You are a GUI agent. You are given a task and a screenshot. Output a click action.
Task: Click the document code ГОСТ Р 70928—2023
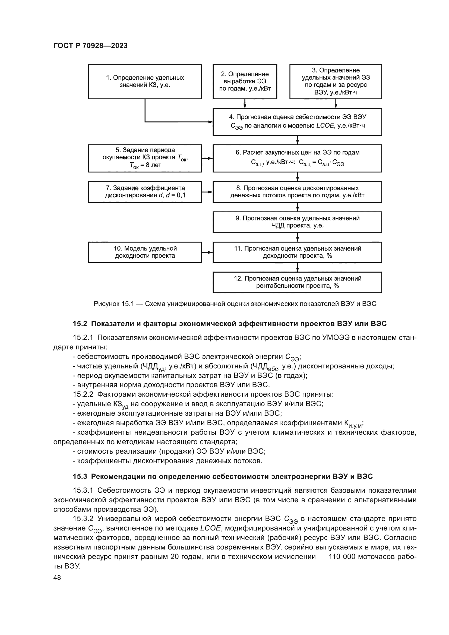pyautogui.click(x=90, y=46)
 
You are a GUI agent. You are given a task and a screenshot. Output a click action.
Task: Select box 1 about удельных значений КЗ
pyautogui.click(x=145, y=82)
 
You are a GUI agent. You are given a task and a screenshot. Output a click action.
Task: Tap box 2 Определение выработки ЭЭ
pyautogui.click(x=245, y=82)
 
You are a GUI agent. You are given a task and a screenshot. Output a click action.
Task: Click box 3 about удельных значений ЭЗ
pyautogui.click(x=336, y=82)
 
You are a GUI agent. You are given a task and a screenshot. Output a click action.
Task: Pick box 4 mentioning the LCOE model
pyautogui.click(x=297, y=122)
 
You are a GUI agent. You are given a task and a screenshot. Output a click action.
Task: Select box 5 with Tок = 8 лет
pyautogui.click(x=145, y=158)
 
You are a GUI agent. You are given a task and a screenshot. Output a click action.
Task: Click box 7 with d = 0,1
pyautogui.click(x=145, y=192)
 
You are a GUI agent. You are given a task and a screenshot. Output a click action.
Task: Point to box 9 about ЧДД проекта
pyautogui.click(x=297, y=222)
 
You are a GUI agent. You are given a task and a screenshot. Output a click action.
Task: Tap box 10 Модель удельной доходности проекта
pyautogui.click(x=145, y=252)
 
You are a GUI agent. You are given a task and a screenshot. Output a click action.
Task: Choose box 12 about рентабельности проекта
pyautogui.click(x=297, y=282)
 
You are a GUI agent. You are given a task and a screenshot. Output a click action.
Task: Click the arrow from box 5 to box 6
pyautogui.click(x=207, y=158)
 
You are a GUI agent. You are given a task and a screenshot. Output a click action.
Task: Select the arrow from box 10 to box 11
pyautogui.click(x=207, y=252)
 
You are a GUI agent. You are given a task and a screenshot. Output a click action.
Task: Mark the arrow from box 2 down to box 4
pyautogui.click(x=245, y=104)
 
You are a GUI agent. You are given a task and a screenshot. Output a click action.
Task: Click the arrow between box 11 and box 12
pyautogui.click(x=298, y=267)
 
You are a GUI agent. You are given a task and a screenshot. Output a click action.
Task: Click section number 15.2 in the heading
pyautogui.click(x=80, y=324)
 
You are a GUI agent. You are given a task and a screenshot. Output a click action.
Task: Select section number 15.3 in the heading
pyautogui.click(x=80, y=476)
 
